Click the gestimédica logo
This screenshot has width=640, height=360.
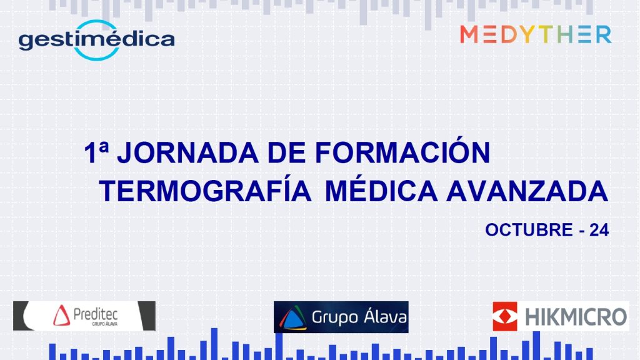[x=97, y=40]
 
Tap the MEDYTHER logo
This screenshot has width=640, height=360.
[x=536, y=34]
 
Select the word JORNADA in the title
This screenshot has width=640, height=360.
[x=187, y=153]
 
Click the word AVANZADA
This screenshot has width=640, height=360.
[x=527, y=191]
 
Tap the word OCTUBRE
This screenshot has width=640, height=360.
[x=529, y=230]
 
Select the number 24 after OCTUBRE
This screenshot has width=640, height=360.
[x=599, y=230]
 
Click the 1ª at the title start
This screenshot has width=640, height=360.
[x=96, y=152]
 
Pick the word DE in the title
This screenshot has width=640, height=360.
[x=286, y=153]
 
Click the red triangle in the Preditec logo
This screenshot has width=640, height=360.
[x=61, y=316]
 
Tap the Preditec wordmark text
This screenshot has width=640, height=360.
[x=96, y=314]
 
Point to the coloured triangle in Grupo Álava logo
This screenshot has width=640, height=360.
[x=292, y=318]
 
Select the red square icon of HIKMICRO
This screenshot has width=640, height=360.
[x=505, y=316]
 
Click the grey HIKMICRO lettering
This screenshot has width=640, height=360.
[x=576, y=317]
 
